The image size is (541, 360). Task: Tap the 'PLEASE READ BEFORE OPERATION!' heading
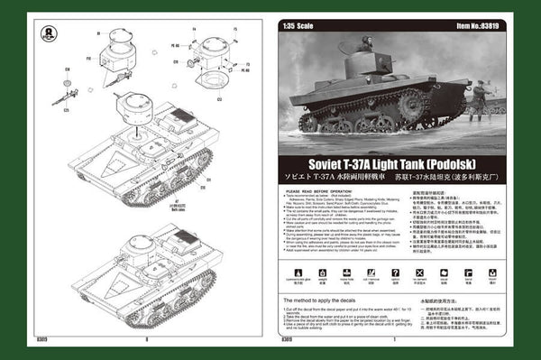[x=320, y=191]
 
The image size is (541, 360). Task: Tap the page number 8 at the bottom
[x=144, y=339]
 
